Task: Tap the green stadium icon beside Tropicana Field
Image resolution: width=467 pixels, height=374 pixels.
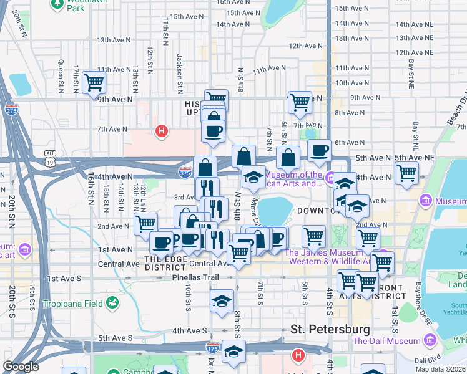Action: (x=112, y=304)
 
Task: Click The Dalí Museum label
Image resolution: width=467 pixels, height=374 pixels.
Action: (x=387, y=340)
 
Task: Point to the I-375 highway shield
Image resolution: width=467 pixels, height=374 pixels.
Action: (x=185, y=171)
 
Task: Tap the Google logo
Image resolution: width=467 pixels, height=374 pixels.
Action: (x=21, y=367)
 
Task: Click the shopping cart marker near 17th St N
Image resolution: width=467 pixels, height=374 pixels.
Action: (x=94, y=82)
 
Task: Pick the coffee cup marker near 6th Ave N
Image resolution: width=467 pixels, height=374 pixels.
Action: (x=319, y=150)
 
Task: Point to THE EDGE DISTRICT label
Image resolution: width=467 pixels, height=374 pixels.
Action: (x=165, y=263)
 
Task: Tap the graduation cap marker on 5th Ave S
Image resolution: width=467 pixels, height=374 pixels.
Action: (x=234, y=353)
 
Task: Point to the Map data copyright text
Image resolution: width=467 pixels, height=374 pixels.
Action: (x=441, y=369)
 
